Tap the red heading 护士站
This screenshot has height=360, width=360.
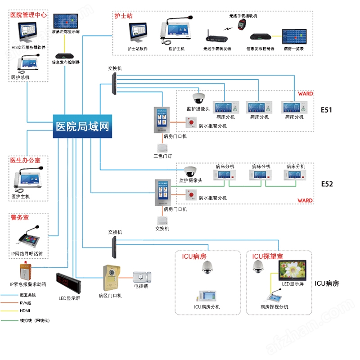pyautogui.click(x=123, y=16)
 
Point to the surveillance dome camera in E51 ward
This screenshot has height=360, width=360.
pyautogui.click(x=198, y=98)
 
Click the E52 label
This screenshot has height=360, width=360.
pyautogui.click(x=327, y=184)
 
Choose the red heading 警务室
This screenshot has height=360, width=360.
pyautogui.click(x=20, y=217)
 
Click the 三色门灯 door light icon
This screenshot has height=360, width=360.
pyautogui.click(x=162, y=148)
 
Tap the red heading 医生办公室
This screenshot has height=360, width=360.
pyautogui.click(x=25, y=160)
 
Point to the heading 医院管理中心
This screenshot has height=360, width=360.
pyautogui.click(x=28, y=15)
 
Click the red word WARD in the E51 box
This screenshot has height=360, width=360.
pyautogui.click(x=305, y=94)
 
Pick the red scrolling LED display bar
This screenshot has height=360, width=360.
pyautogui.click(x=68, y=282)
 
